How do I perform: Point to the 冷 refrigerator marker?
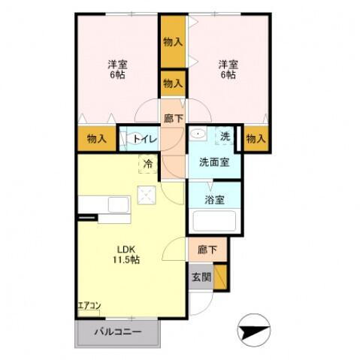point(149,163)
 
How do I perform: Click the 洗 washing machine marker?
point(224,136)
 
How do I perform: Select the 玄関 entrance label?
point(201,276)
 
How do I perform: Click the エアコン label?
point(89,306)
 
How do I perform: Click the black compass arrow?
point(253,328)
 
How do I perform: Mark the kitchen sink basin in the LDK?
point(119,204)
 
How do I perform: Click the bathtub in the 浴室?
point(213,222)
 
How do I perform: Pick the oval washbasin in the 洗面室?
point(199,135)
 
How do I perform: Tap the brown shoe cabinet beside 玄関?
point(221,277)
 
